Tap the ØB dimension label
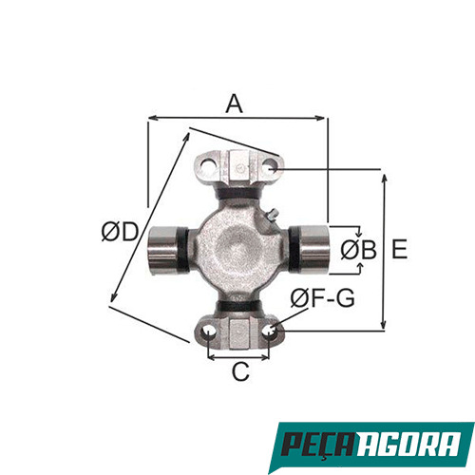pyautogui.click(x=357, y=250)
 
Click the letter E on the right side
pyautogui.click(x=399, y=249)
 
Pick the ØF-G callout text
pyautogui.click(x=322, y=298)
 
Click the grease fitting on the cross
pyautogui.click(x=269, y=220)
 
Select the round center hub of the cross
pyautogui.click(x=237, y=249)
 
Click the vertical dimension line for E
pyautogui.click(x=384, y=250)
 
